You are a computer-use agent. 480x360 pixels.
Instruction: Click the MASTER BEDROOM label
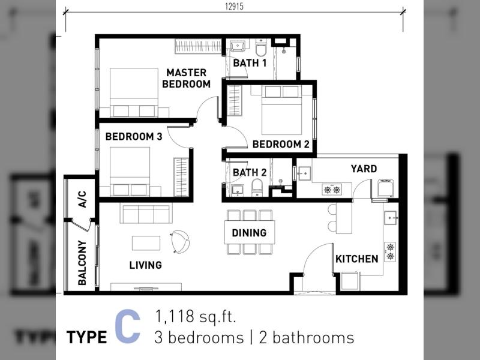click(187, 79)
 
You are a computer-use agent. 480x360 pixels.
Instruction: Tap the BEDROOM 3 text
click(134, 137)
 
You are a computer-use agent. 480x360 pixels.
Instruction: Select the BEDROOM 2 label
click(281, 144)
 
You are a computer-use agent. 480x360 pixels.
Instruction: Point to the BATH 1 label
click(250, 63)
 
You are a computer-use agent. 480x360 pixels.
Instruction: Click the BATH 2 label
click(250, 172)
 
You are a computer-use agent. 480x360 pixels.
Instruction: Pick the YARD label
click(364, 169)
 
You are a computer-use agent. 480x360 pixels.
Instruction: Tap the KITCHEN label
click(357, 259)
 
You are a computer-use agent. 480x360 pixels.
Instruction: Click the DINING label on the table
click(249, 233)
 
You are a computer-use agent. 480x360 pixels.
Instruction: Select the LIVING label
click(145, 265)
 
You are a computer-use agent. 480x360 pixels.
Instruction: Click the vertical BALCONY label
click(82, 263)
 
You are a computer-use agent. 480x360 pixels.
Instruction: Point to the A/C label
click(82, 199)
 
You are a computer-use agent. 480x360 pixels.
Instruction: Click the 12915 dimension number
click(234, 7)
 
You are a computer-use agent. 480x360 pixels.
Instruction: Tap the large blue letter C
click(128, 326)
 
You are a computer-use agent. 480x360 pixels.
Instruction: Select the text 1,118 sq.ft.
click(196, 316)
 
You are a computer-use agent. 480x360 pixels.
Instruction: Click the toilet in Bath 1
click(261, 47)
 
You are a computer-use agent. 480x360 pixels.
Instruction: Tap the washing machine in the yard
click(385, 188)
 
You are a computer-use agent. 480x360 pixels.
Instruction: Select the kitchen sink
click(391, 218)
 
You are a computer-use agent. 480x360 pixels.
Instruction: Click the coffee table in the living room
click(146, 243)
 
